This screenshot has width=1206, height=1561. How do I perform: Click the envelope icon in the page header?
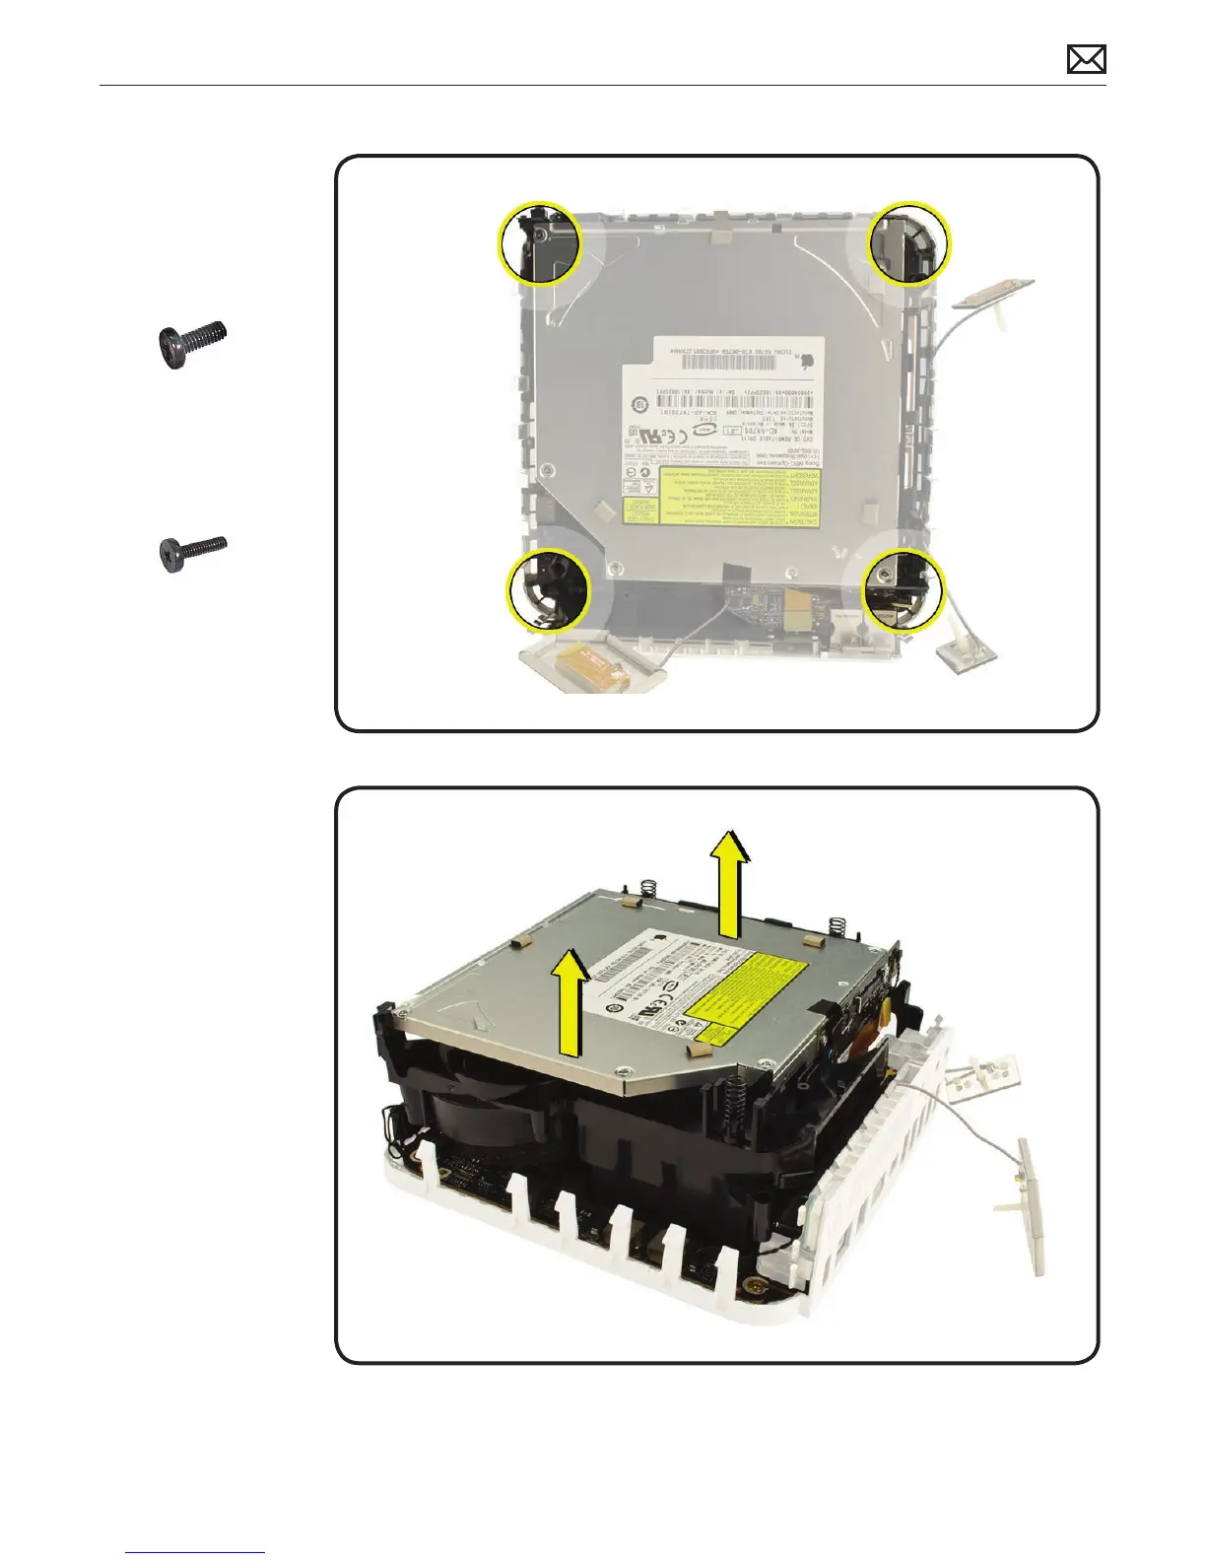1086,60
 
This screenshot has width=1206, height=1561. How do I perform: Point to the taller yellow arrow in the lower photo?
730,883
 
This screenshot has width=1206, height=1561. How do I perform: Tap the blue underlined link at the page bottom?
196,1554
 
